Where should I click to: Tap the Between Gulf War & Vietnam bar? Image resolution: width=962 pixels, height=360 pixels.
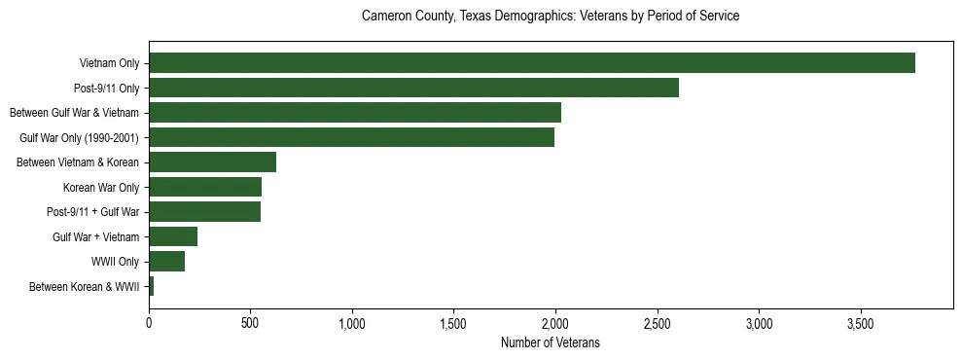pos(354,113)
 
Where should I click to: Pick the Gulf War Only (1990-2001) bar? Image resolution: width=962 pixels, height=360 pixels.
pos(351,137)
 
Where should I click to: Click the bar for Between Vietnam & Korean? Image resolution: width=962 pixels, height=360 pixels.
pos(212,162)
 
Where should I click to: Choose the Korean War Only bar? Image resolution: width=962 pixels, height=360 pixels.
pos(205,187)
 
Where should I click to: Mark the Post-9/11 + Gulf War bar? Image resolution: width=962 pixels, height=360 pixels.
pos(204,212)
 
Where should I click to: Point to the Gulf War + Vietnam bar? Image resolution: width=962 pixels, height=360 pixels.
pos(173,236)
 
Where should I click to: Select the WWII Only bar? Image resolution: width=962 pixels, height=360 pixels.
pos(166,262)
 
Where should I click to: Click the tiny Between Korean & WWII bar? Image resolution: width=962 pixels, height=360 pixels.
pos(152,286)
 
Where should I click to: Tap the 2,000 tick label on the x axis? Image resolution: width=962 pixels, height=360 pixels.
pos(555,323)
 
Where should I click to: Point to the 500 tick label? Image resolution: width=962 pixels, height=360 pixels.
pos(250,323)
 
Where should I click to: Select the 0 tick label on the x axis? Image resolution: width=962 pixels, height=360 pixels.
pos(149,323)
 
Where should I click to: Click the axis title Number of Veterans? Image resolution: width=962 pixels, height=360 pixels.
pos(550,342)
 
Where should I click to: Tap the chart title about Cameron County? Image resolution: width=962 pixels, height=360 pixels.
pos(550,17)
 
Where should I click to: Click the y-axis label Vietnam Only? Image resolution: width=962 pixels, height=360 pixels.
pos(109,63)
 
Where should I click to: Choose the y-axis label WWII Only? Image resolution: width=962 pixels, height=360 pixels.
pos(116,262)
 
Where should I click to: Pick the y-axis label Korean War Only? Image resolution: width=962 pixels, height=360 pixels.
pos(101,187)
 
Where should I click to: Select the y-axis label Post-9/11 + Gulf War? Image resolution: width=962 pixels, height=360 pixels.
pos(93,212)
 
